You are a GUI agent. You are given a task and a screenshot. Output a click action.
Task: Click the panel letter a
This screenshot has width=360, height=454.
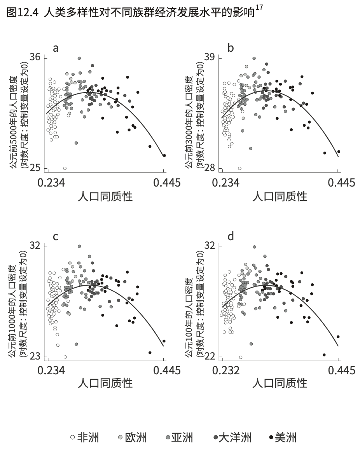click(56, 48)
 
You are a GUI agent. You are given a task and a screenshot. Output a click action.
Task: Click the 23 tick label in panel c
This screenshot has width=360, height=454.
click(35, 357)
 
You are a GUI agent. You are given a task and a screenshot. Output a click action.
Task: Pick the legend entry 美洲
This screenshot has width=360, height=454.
click(285, 437)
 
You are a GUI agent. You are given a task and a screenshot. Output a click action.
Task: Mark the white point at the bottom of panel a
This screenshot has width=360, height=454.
click(65, 168)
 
